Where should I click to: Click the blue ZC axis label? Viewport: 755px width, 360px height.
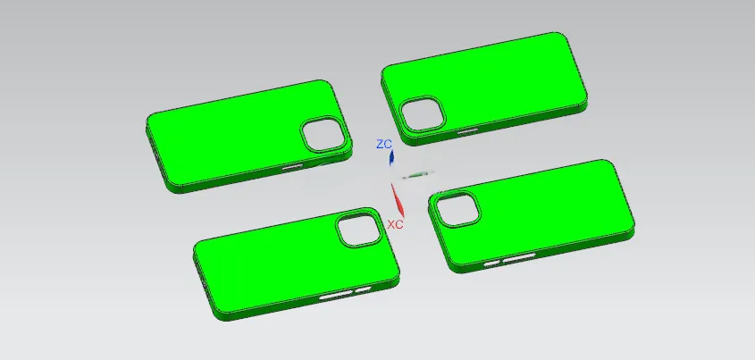point(384,144)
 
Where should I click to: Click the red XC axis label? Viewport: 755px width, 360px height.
point(395,224)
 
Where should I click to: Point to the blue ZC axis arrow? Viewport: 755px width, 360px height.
point(391,157)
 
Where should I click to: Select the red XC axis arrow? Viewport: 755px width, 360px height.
point(398,200)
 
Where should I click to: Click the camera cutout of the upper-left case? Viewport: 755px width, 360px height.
point(323,134)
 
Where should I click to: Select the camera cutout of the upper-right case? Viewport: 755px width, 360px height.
point(424,113)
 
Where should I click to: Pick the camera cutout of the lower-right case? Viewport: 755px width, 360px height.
point(457,209)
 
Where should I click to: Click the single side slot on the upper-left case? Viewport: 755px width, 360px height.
point(292,167)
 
